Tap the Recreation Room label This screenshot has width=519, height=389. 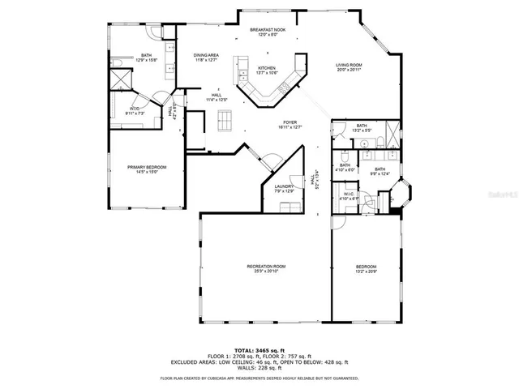(266, 268)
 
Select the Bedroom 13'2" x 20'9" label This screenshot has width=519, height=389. (366, 268)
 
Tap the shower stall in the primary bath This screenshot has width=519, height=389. (122, 79)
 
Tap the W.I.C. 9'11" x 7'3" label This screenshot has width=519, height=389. (136, 110)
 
